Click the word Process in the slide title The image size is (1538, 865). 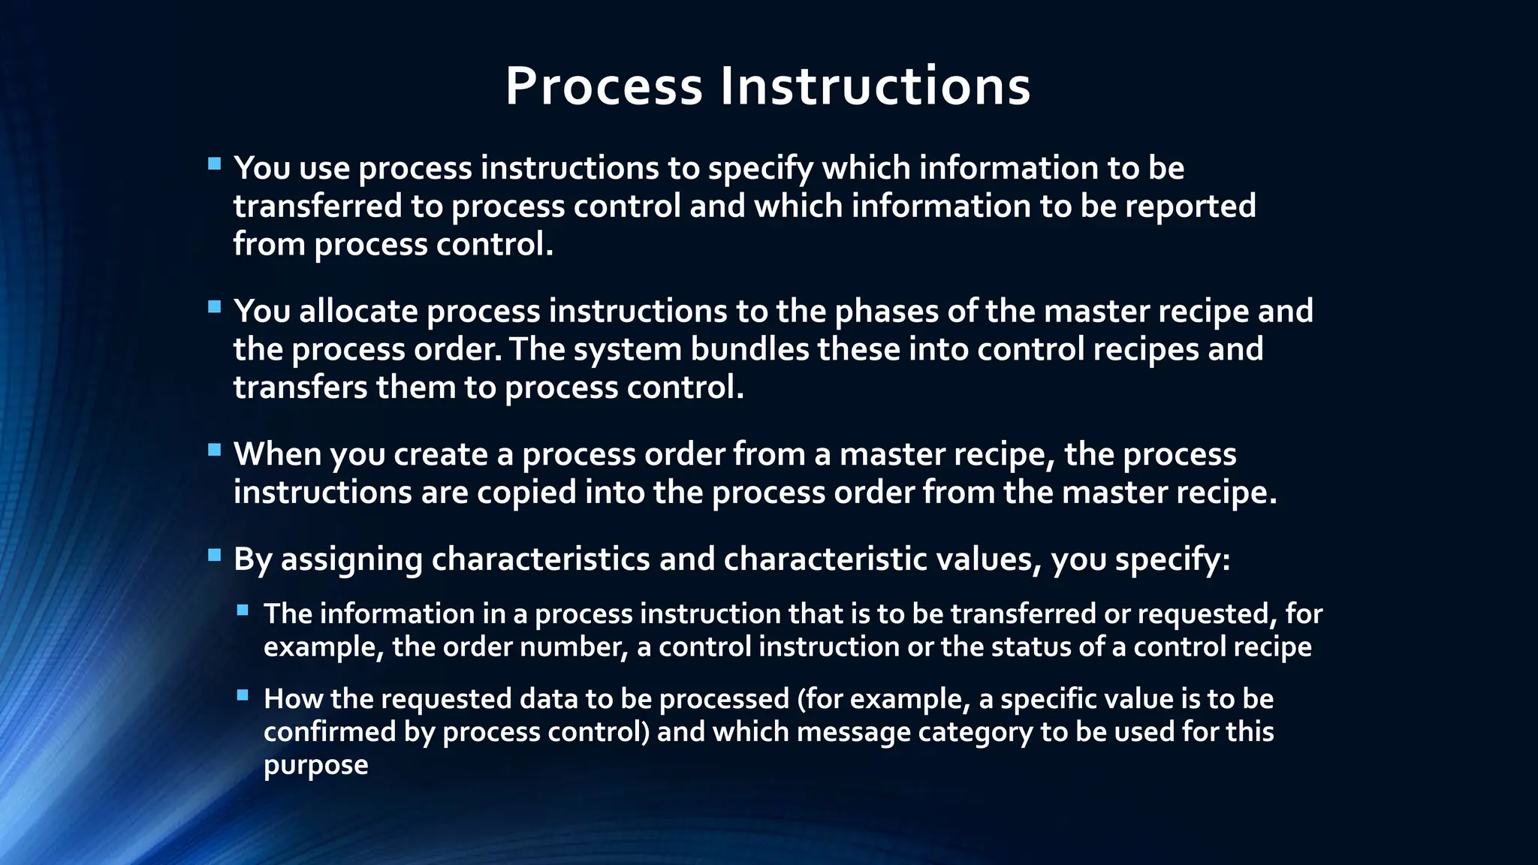(604, 86)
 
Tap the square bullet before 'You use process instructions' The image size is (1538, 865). (215, 164)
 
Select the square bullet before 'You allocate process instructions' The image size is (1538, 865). (215, 306)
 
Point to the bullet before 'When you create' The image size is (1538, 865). (215, 450)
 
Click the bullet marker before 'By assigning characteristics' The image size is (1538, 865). (215, 555)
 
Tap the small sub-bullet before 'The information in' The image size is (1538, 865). (243, 610)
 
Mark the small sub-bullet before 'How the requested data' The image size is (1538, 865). (243, 695)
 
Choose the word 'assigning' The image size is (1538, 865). (351, 559)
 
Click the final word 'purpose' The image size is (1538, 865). (315, 765)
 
